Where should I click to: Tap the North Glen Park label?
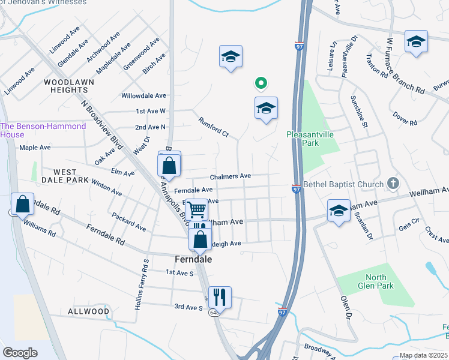(x=376, y=281)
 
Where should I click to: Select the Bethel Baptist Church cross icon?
(x=393, y=183)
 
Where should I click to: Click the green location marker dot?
(x=261, y=83)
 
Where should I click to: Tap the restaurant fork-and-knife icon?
(x=220, y=296)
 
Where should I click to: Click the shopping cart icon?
(x=196, y=210)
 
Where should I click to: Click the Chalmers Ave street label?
(x=230, y=176)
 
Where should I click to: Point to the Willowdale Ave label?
(x=143, y=95)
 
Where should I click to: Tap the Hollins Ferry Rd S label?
(x=144, y=281)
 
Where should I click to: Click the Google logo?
(x=19, y=353)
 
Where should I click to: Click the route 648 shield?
(x=214, y=313)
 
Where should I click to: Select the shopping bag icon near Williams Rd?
(x=22, y=203)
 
